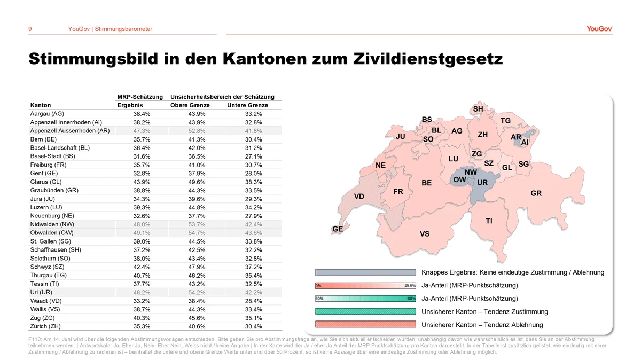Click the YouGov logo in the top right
[x=599, y=29]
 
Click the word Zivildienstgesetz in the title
[x=428, y=59]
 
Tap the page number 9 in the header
[x=30, y=29]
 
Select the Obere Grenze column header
[x=190, y=105]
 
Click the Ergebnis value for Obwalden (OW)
[x=142, y=233]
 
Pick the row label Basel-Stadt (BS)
[x=53, y=156]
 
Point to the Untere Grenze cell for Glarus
[x=253, y=182]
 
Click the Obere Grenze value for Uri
[x=197, y=293]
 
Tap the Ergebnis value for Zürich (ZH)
[x=142, y=326]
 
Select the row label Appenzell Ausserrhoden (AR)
[x=70, y=131]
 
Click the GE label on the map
[x=338, y=229]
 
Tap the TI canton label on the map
[x=489, y=221]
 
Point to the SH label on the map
[x=478, y=109]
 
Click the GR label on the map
[x=536, y=193]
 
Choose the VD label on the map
[x=359, y=197]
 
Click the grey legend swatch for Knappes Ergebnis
[x=365, y=272]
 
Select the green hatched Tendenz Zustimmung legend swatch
[x=365, y=311]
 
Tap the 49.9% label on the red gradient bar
[x=410, y=286]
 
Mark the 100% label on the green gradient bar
[x=410, y=299]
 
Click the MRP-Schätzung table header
[x=140, y=97]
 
